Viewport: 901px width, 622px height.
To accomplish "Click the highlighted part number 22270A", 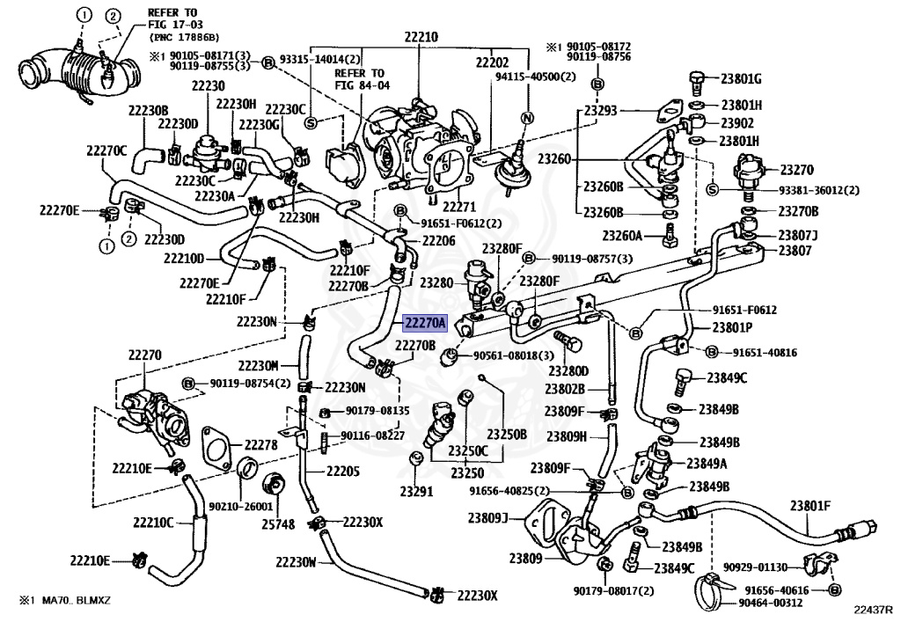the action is [425, 324].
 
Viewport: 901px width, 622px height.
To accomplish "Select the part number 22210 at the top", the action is [421, 37].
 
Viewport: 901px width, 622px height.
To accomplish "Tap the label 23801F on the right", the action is [810, 506].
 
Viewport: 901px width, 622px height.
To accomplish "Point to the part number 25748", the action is [278, 524].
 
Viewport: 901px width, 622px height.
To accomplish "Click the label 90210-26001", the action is [240, 507].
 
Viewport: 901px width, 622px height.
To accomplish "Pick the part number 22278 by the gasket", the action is [260, 444].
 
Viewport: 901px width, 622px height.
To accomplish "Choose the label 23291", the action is [416, 492].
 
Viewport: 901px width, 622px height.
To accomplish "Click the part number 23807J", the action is [798, 236].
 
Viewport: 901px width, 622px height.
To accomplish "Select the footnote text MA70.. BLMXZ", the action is [76, 601].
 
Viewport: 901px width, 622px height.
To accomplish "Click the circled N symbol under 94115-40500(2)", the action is [527, 118].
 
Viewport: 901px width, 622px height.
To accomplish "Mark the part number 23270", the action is [796, 170].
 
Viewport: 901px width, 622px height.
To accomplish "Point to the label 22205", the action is [343, 472].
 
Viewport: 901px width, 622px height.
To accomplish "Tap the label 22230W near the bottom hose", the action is [296, 561].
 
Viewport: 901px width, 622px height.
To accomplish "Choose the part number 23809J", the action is [487, 518].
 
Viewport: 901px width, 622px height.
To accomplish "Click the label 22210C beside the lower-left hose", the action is [153, 523].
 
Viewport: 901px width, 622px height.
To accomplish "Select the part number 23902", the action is [737, 123].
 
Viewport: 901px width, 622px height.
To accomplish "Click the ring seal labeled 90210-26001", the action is [247, 467].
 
